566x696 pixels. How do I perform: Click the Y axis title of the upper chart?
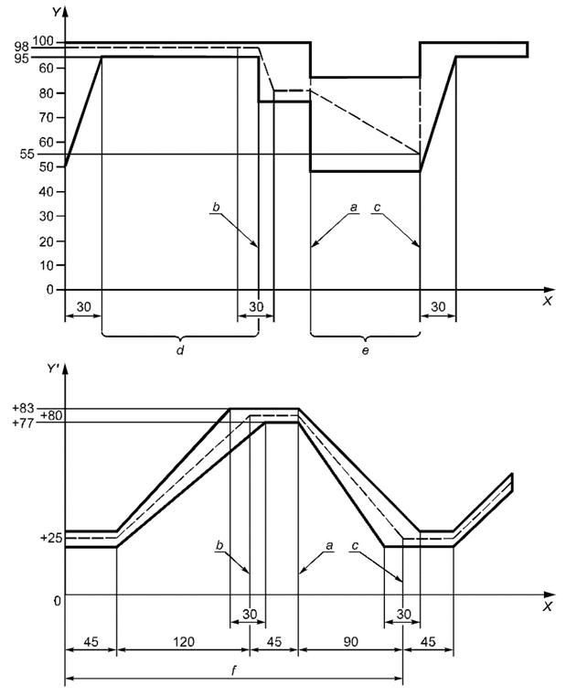point(56,12)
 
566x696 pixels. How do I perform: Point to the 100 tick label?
point(43,41)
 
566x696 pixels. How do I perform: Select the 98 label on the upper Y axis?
point(22,47)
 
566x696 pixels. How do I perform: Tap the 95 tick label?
point(22,59)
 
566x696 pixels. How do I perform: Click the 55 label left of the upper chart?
point(27,154)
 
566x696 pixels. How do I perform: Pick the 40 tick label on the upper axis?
point(46,191)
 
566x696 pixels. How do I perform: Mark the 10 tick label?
point(46,265)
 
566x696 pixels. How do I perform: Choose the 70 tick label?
point(46,118)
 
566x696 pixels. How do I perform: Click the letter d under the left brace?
point(180,350)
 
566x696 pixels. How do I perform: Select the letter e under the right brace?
point(365,351)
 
